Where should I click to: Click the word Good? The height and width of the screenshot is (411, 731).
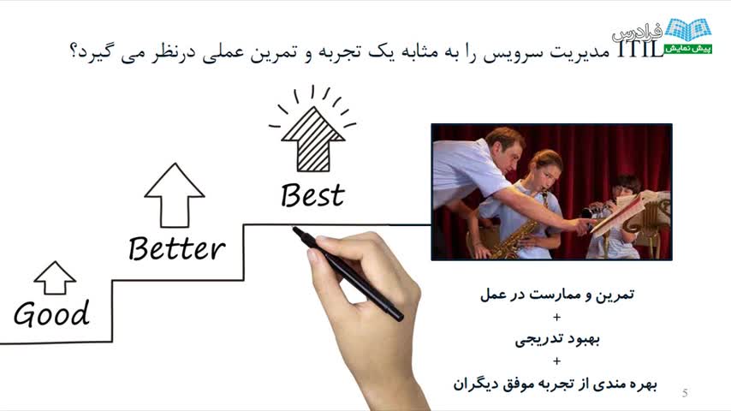click(x=51, y=313)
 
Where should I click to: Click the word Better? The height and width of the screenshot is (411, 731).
click(x=176, y=247)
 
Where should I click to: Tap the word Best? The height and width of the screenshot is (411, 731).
click(x=312, y=195)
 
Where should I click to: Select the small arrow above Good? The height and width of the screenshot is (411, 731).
click(x=55, y=278)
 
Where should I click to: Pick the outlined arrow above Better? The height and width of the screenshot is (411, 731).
click(x=175, y=195)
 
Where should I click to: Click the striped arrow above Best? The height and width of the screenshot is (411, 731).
click(x=312, y=139)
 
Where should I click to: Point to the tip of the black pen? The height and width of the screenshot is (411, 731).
click(x=294, y=229)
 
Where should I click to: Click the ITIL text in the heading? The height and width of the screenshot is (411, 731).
click(x=640, y=49)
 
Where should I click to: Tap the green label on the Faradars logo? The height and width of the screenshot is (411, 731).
click(x=688, y=49)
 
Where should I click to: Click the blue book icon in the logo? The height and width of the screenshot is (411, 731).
click(x=688, y=30)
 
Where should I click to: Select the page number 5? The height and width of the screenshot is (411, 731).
click(x=685, y=393)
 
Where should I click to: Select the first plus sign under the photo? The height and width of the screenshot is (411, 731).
click(x=556, y=317)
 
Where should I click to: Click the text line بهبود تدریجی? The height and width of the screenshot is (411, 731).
click(x=557, y=339)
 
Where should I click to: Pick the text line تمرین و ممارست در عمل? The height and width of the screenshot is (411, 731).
click(x=557, y=295)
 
